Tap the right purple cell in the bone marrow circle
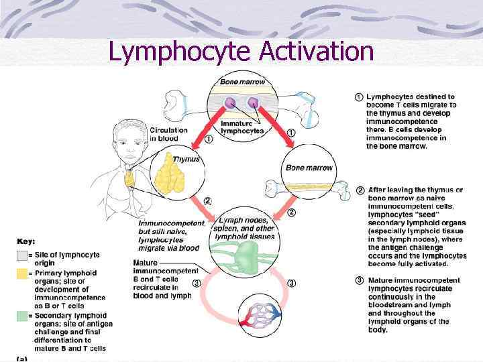[x=254, y=103]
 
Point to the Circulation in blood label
[x=168, y=133]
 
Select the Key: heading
[x=26, y=241]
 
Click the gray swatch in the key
[x=21, y=255]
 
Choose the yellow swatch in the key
[x=21, y=273]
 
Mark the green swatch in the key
[x=21, y=316]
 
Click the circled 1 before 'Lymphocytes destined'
[x=359, y=97]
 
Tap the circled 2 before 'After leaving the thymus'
[x=360, y=190]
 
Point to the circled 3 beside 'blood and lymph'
[x=196, y=283]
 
